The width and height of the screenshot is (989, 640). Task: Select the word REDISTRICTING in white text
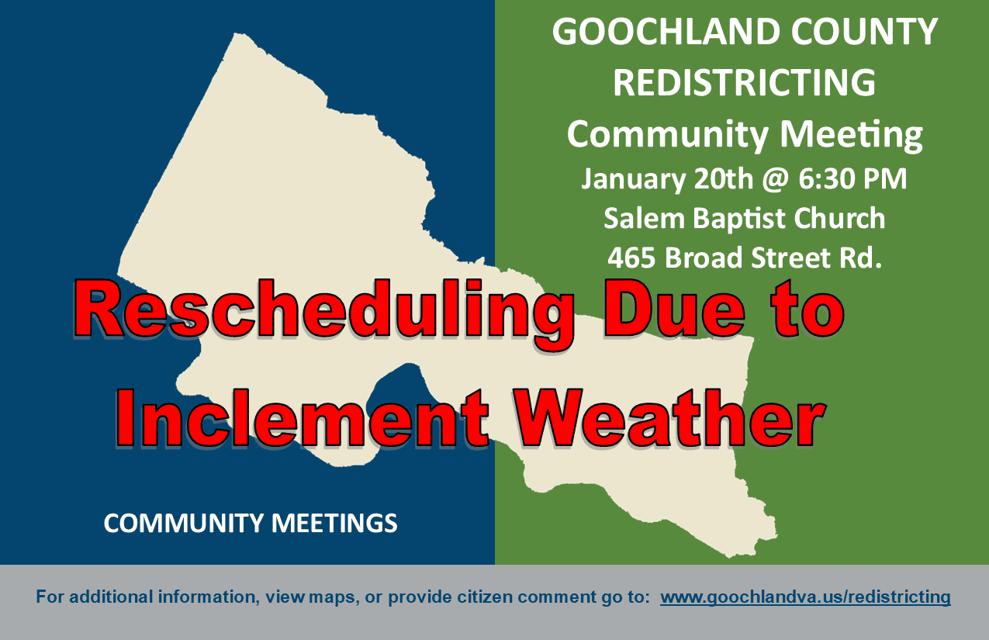pyautogui.click(x=744, y=82)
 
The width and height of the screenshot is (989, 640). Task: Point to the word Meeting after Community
pyautogui.click(x=851, y=133)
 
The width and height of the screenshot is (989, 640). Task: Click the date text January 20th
pyautogui.click(x=666, y=179)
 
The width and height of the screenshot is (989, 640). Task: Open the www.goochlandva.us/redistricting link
pyautogui.click(x=805, y=597)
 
